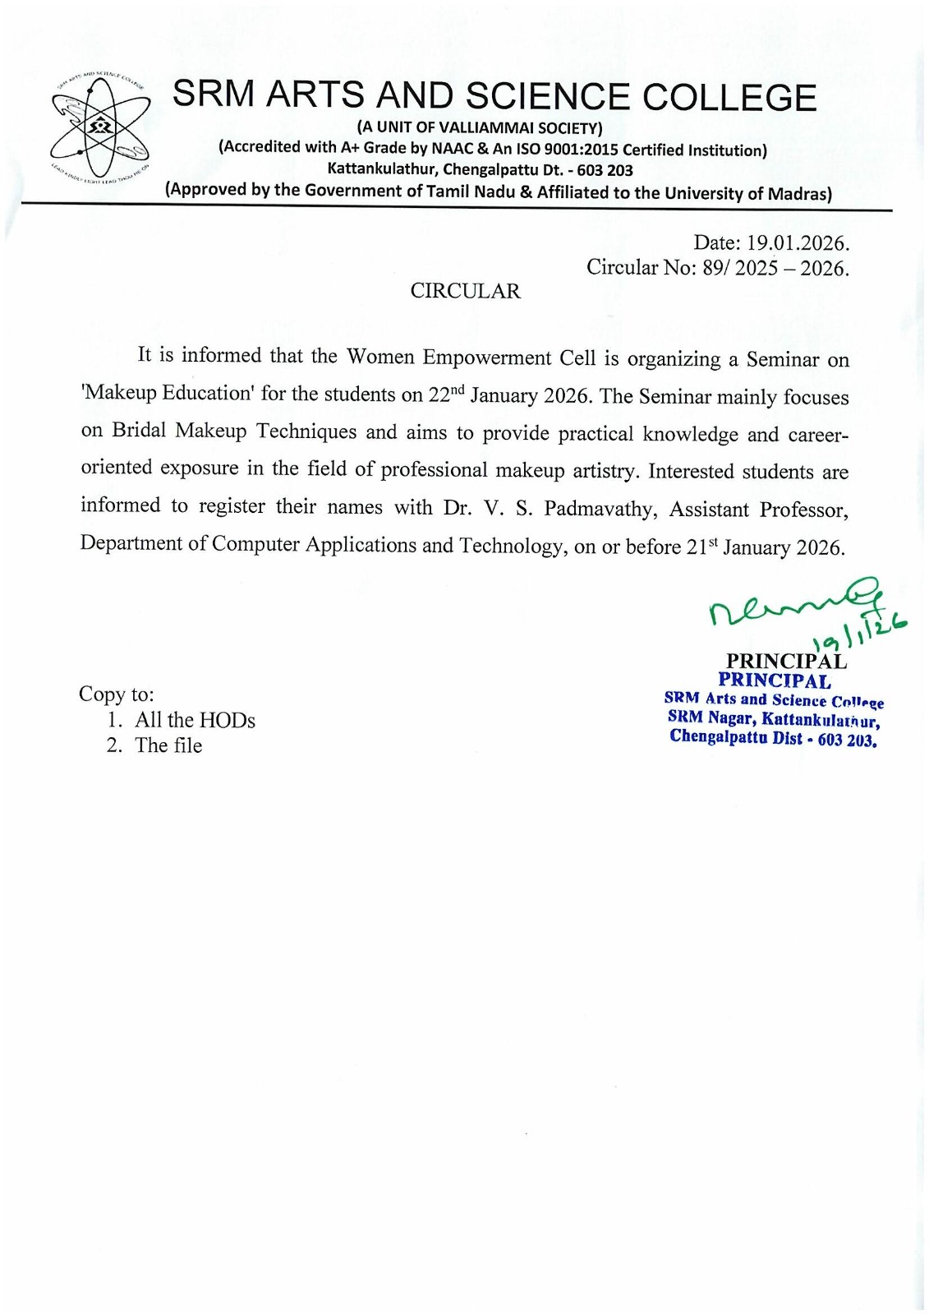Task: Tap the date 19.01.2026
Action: click(x=796, y=243)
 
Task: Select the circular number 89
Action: click(x=711, y=268)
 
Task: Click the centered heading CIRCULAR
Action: click(x=465, y=291)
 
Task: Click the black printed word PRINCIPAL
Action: click(x=785, y=661)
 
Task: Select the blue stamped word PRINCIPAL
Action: click(x=774, y=681)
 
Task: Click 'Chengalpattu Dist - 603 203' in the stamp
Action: click(x=773, y=738)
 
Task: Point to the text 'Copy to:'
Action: click(x=117, y=694)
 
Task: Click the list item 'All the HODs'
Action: click(x=195, y=720)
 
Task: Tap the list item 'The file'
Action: click(x=168, y=745)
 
